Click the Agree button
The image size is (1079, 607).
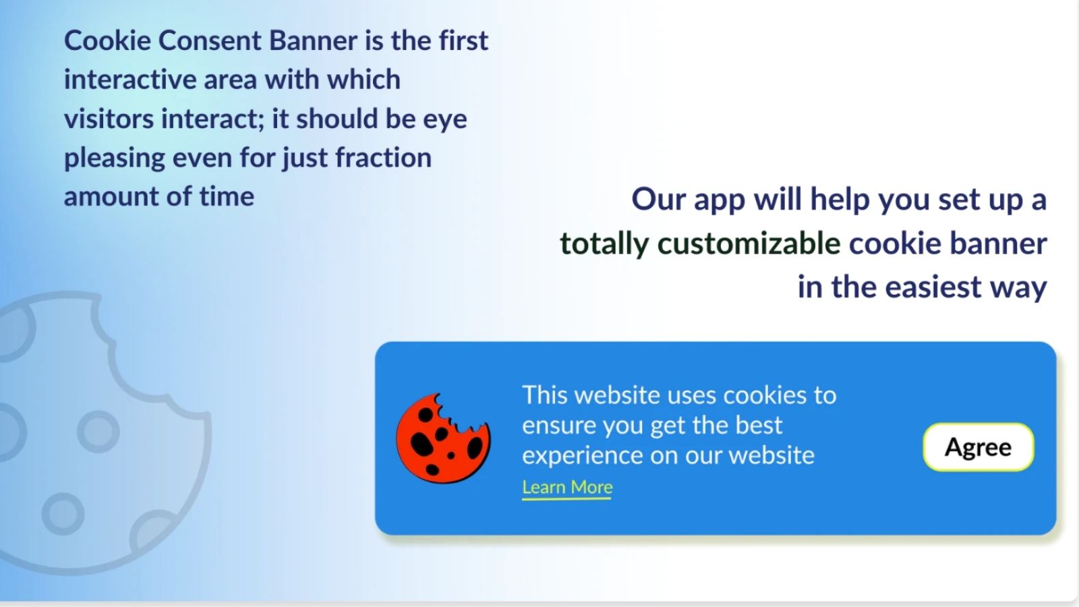click(x=979, y=447)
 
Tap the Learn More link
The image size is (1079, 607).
click(x=567, y=488)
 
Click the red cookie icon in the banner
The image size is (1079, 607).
click(x=442, y=438)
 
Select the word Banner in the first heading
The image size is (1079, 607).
click(x=313, y=40)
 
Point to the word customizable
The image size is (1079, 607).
click(x=749, y=243)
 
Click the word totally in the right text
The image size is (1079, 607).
click(x=604, y=244)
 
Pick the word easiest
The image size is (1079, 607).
click(x=933, y=287)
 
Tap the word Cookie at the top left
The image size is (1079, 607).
click(x=107, y=40)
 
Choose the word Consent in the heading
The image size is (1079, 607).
click(x=210, y=40)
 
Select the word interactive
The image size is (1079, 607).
click(x=130, y=80)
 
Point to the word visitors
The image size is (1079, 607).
click(x=109, y=119)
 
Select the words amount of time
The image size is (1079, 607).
click(x=159, y=196)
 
